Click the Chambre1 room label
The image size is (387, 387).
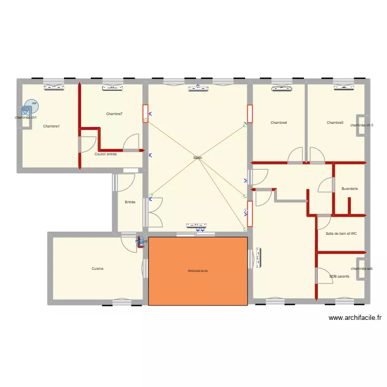click(51, 126)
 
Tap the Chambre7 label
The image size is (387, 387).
click(114, 114)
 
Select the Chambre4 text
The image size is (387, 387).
click(279, 123)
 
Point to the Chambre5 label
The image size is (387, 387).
click(335, 123)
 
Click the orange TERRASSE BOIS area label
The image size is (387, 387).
click(198, 271)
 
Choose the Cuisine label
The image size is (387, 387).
click(98, 268)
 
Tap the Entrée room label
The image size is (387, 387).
click(130, 202)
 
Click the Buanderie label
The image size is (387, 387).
click(349, 189)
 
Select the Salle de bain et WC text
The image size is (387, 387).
click(341, 234)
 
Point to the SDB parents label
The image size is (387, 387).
click(339, 277)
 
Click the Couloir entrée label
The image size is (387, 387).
click(106, 154)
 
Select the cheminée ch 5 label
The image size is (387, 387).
click(362, 125)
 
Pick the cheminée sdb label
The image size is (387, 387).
click(361, 269)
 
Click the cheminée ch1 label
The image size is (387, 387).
click(26, 118)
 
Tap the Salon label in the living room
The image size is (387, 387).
click(198, 158)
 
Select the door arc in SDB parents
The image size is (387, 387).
click(324, 273)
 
